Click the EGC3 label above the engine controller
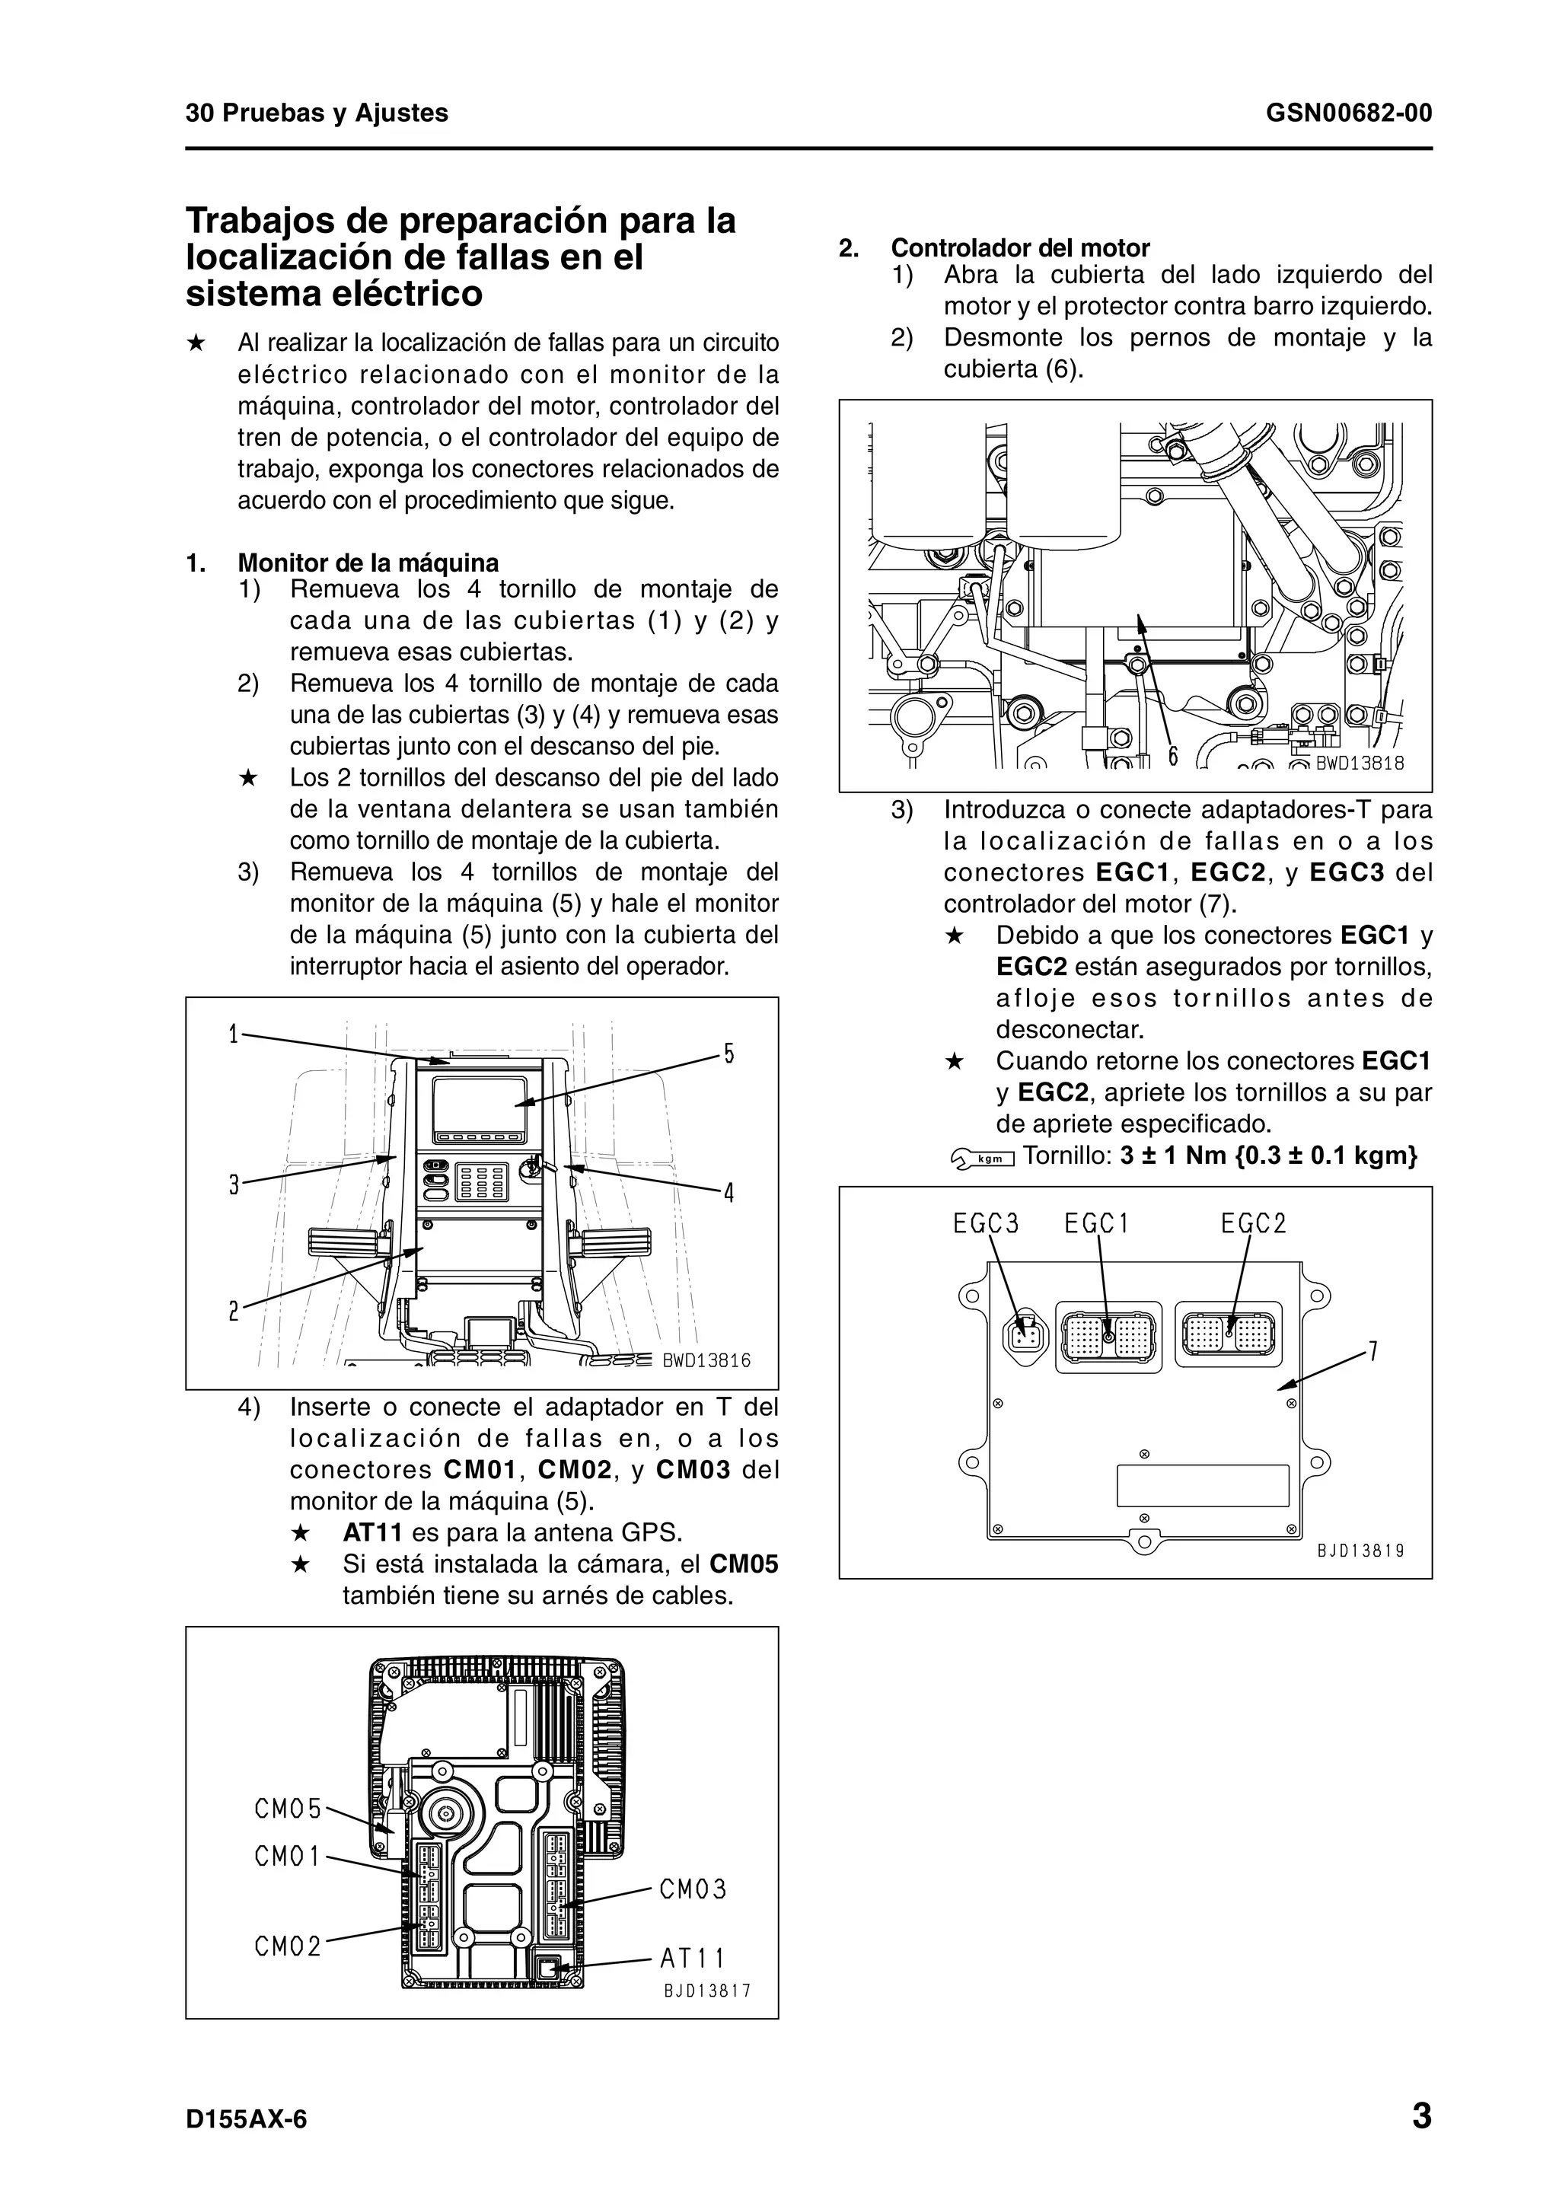(986, 1223)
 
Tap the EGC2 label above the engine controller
(1254, 1223)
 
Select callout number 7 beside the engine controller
(1373, 1352)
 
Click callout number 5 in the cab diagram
(729, 1054)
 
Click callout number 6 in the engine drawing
(1173, 756)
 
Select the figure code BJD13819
(1360, 1550)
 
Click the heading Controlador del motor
(1020, 248)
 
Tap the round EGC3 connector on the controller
(1025, 1334)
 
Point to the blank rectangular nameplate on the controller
(1202, 1485)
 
